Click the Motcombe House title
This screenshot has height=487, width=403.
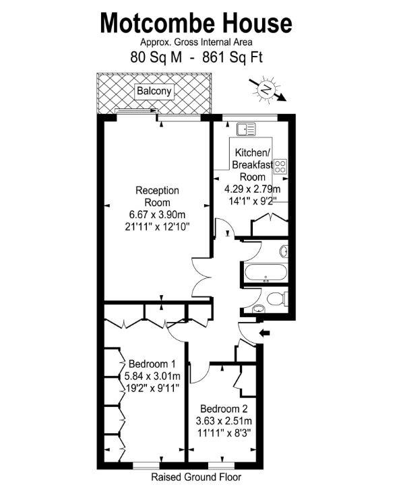pyautogui.click(x=196, y=24)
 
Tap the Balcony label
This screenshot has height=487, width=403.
pyautogui.click(x=154, y=91)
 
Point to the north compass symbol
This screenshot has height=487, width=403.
pyautogui.click(x=267, y=89)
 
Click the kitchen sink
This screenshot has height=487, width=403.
pyautogui.click(x=243, y=128)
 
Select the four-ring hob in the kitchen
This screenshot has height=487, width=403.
pyautogui.click(x=282, y=166)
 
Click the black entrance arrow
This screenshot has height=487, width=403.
pyautogui.click(x=264, y=333)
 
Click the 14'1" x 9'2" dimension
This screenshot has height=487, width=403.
pyautogui.click(x=253, y=199)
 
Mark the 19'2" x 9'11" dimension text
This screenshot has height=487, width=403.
pyautogui.click(x=153, y=388)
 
